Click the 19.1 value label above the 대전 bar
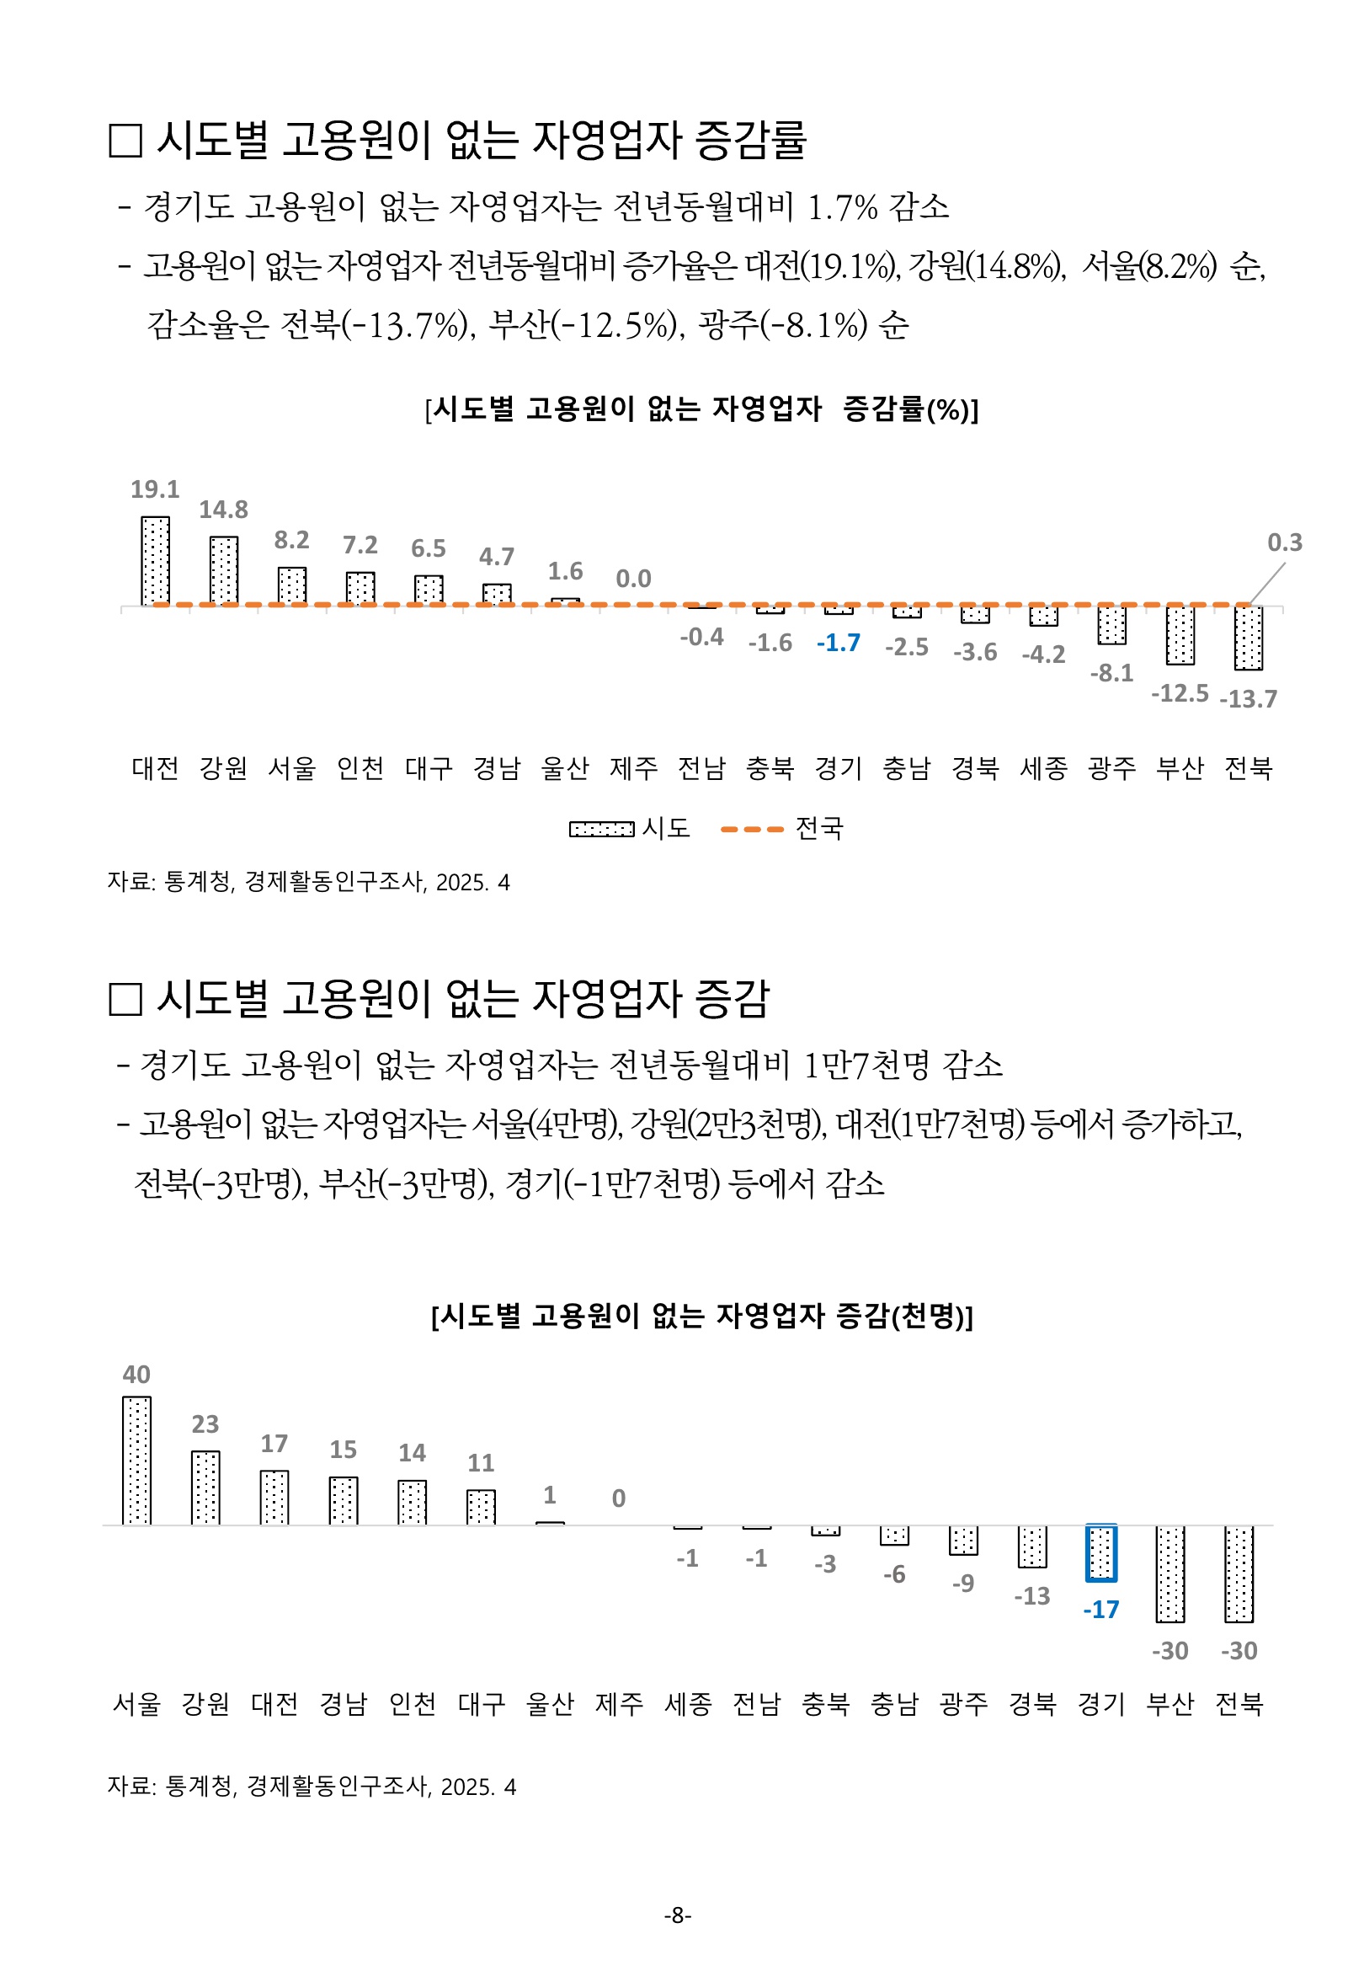coord(155,489)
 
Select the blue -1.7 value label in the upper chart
coord(839,643)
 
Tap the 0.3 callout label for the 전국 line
coord(1284,542)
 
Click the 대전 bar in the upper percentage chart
coord(156,561)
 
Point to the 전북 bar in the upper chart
coord(1248,638)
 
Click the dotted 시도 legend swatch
coord(602,829)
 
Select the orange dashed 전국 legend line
coord(752,829)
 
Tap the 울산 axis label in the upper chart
coord(565,768)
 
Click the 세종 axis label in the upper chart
coord(1043,768)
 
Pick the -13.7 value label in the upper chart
coord(1248,699)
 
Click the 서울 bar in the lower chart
coord(136,1461)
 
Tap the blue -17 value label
coord(1100,1610)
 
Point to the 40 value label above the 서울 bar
coord(136,1375)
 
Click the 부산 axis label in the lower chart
coord(1170,1703)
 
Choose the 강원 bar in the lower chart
coord(206,1488)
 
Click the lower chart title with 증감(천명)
coord(701,1316)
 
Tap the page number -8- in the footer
coord(678,1915)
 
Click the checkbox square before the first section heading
coord(125,141)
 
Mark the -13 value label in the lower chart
coord(1031,1596)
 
